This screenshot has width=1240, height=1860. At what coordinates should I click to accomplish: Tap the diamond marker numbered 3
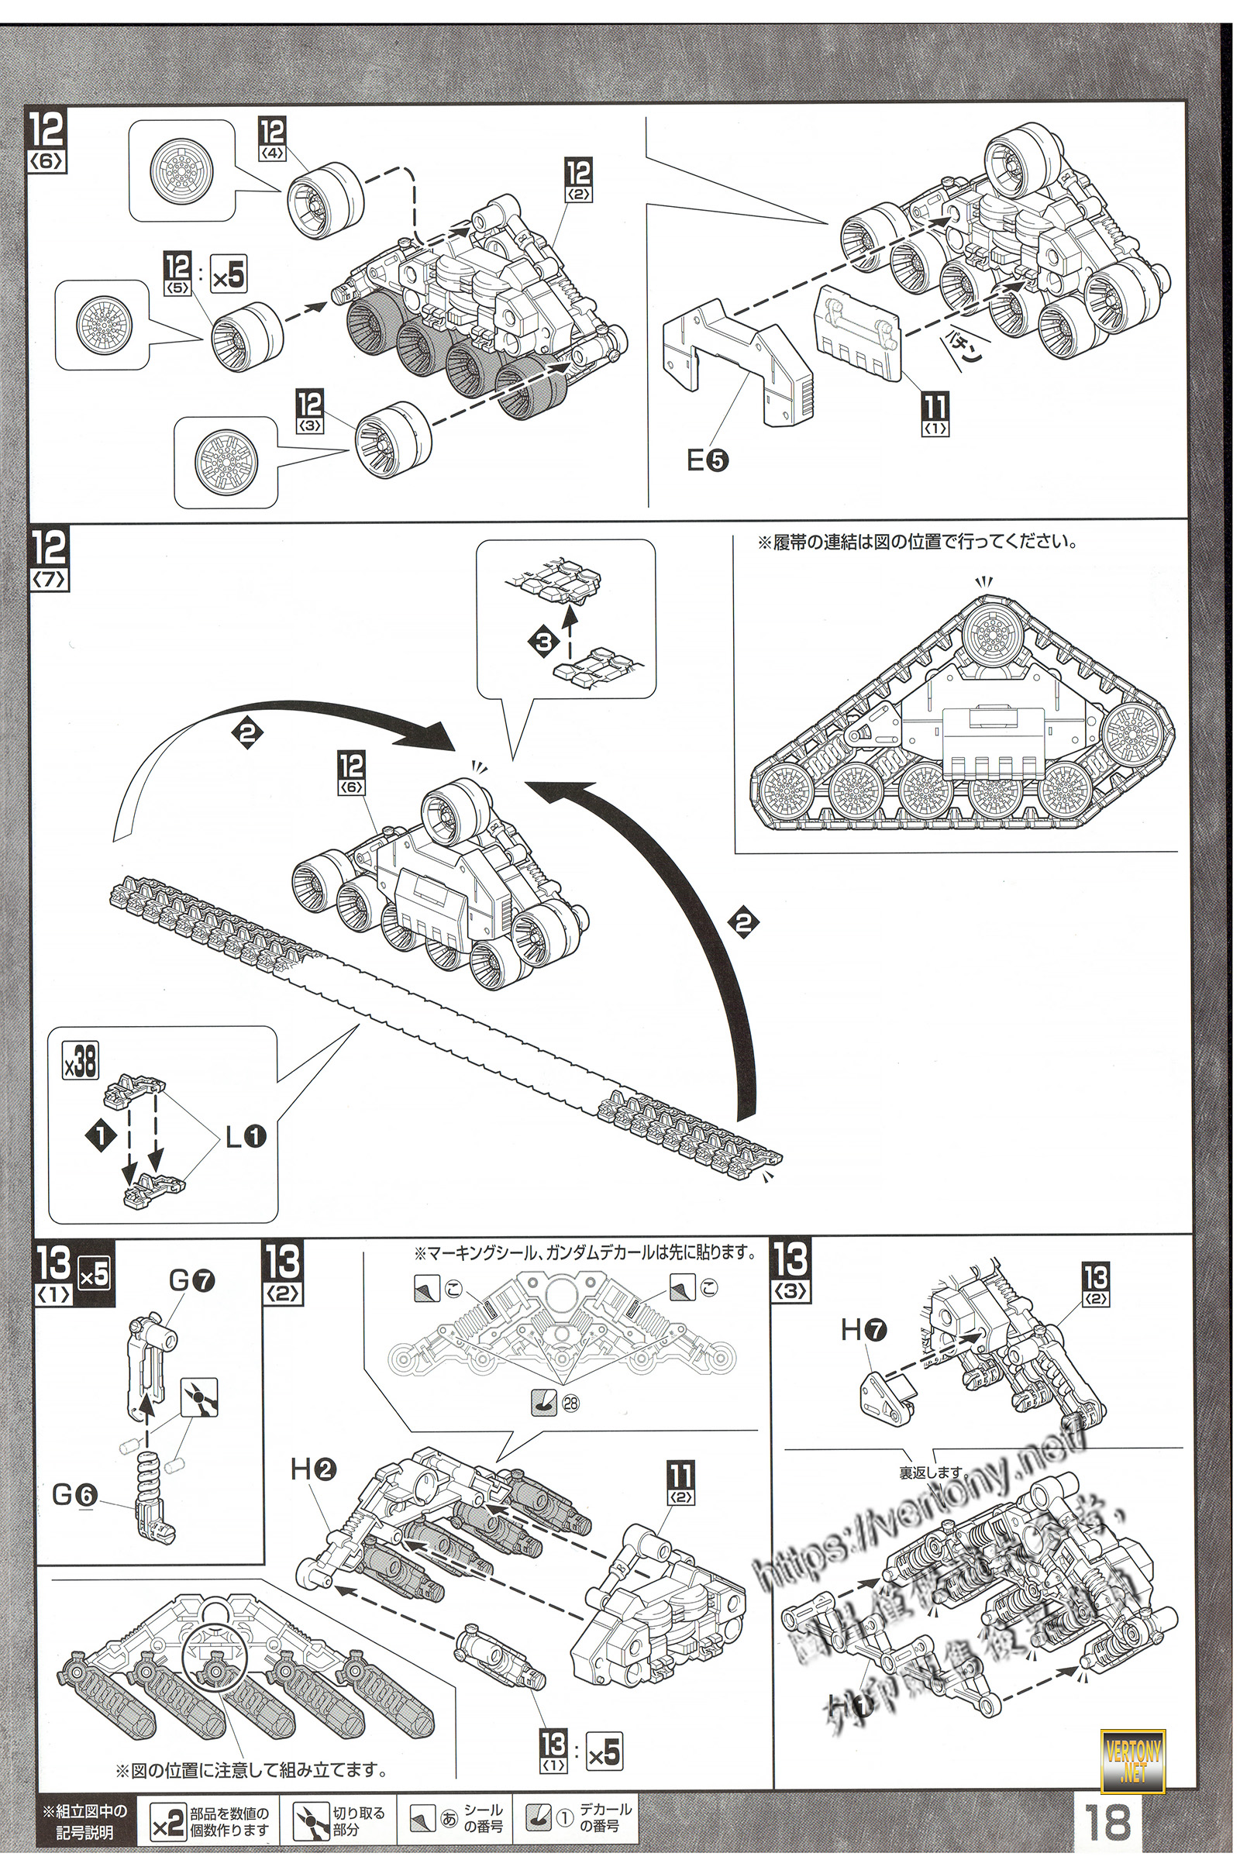click(543, 643)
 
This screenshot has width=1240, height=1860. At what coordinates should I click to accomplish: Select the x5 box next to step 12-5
click(229, 276)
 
